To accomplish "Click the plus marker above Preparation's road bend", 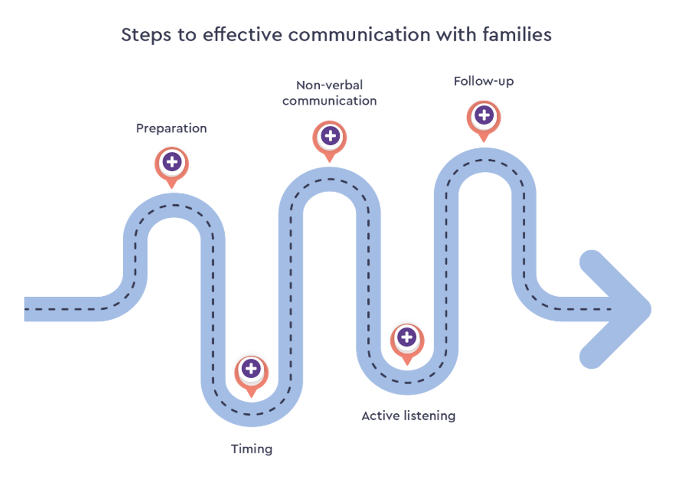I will coord(172,162).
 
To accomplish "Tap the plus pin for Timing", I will coord(251,370).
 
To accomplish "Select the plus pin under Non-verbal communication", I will coord(330,136).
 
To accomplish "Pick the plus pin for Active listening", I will coord(407,337).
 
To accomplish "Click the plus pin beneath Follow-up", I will coord(484,116).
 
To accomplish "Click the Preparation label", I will coord(171,129).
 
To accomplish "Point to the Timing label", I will coord(252,449).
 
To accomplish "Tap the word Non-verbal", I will coord(329,85).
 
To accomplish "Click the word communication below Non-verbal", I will coord(329,101).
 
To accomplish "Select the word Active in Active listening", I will coord(380,416).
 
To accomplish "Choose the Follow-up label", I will coord(484,82).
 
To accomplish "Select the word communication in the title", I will coord(359,35).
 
